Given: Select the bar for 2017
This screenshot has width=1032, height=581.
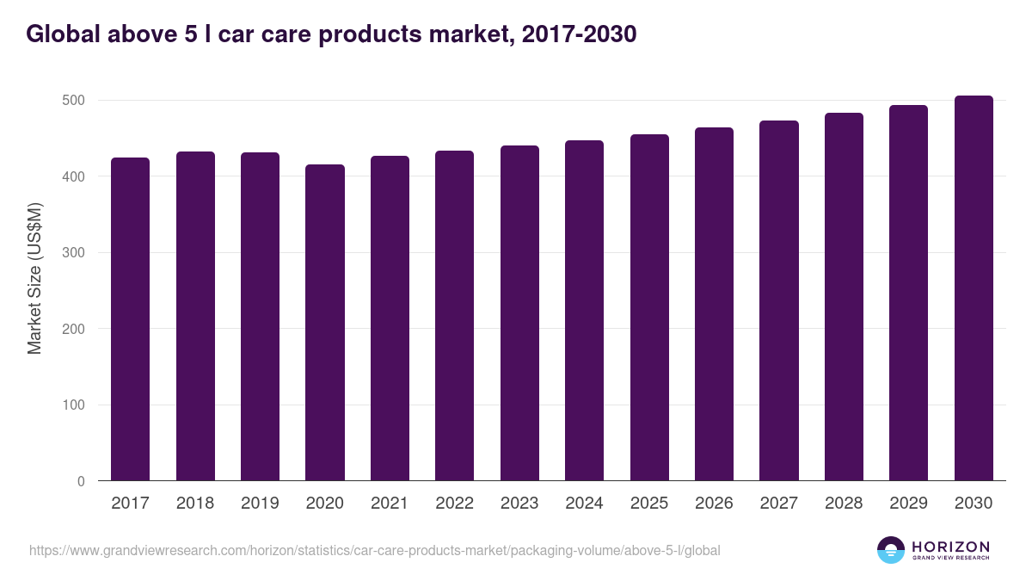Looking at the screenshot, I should click(x=130, y=319).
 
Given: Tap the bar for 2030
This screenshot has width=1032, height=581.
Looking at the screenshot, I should click(x=974, y=288).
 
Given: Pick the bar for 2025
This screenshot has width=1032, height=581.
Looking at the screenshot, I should click(x=649, y=307).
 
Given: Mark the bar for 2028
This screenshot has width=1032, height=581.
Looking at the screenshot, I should click(x=844, y=297).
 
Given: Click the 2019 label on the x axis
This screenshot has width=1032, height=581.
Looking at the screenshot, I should click(x=260, y=504).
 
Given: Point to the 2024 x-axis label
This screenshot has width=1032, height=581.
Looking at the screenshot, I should click(x=584, y=504).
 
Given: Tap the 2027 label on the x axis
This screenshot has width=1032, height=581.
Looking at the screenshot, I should click(x=778, y=504).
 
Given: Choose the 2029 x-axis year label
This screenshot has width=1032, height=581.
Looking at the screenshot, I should click(x=908, y=504).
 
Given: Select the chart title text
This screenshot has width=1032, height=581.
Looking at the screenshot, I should click(x=331, y=34).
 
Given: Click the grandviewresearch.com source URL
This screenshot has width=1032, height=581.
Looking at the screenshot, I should click(x=375, y=550).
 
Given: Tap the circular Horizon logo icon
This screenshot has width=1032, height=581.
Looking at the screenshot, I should click(x=891, y=550).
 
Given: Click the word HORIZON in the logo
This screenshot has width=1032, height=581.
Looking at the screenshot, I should click(x=950, y=546).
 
